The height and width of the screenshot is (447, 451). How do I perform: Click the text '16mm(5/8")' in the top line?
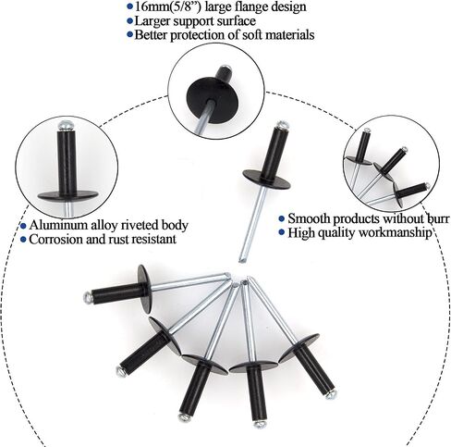pos(168,6)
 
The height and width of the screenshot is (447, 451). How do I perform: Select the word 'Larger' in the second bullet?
pos(152,21)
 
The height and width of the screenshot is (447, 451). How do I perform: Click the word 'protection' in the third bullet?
pos(201,34)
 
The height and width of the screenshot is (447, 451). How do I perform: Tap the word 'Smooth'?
pos(309,218)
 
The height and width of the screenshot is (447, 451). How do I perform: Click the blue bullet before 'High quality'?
pos(281,232)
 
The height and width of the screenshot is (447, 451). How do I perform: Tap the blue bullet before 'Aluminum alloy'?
pos(23,226)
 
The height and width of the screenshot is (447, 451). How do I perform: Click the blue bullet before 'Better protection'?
pos(130,34)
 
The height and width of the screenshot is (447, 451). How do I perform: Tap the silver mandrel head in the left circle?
pos(67,125)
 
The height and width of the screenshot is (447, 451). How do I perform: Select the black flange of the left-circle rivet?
pos(68,195)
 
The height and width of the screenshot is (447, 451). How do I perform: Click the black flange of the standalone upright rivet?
pos(266,179)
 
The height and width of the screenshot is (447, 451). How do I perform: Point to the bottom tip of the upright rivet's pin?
pos(242,261)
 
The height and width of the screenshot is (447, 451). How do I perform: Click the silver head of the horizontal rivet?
pos(88,297)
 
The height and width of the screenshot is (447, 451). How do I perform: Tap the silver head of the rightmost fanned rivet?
pos(331,395)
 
